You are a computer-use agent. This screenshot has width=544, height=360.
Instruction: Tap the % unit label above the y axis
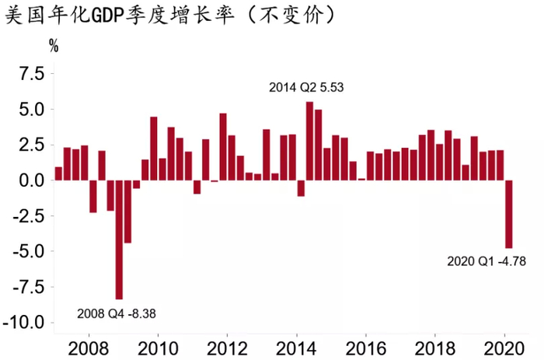click(x=54, y=45)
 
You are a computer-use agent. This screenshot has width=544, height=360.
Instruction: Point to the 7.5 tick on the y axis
click(x=29, y=74)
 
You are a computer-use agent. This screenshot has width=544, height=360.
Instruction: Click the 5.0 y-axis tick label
click(x=29, y=110)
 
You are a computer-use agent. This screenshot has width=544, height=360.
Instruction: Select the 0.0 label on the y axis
click(x=29, y=180)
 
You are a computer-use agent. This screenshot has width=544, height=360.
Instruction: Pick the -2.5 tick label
click(x=26, y=216)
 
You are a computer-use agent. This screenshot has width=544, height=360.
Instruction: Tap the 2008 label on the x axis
click(x=88, y=346)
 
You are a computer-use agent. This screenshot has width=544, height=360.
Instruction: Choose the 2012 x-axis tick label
click(x=227, y=346)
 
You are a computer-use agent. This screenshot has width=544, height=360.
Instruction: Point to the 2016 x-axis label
click(x=366, y=346)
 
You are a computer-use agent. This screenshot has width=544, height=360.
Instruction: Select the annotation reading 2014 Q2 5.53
click(x=305, y=88)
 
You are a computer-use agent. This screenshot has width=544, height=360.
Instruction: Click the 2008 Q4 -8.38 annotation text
click(x=123, y=314)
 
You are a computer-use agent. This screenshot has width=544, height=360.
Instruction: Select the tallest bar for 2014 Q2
click(x=309, y=141)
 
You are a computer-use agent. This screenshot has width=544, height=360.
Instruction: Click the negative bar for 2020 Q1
click(x=509, y=214)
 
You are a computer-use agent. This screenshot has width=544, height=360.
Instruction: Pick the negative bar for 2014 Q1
click(x=301, y=188)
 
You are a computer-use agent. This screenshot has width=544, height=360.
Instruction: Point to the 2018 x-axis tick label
click(x=436, y=346)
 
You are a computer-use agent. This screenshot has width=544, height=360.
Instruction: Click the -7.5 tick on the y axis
click(x=26, y=287)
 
